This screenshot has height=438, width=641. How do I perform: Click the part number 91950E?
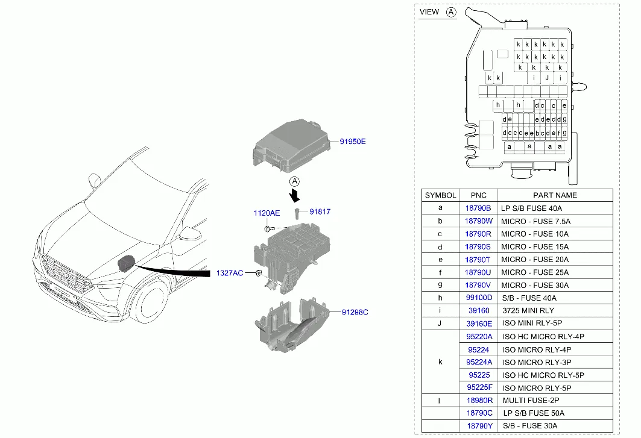352,142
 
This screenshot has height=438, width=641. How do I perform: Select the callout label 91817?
320,211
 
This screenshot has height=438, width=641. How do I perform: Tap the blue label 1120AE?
267,213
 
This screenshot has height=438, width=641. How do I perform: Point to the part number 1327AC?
229,273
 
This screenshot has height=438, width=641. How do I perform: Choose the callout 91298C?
355,312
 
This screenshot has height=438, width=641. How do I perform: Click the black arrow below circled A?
294,195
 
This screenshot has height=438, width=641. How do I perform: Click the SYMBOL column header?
440,195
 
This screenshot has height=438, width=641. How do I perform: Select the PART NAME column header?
555,195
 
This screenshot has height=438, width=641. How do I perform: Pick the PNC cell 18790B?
478,208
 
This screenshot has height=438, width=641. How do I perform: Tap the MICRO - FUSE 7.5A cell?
535,221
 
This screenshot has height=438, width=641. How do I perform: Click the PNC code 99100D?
479,298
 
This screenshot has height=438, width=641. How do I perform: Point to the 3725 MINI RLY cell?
528,310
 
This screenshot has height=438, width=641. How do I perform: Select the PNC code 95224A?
479,362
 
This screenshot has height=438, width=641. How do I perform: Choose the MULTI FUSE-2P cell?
531,401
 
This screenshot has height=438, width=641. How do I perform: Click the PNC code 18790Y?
479,426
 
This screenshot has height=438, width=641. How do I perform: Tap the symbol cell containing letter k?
440,362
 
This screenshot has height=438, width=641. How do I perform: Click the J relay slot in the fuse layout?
547,78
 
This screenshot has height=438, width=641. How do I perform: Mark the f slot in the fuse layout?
559,133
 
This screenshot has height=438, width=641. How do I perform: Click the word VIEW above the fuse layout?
429,12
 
